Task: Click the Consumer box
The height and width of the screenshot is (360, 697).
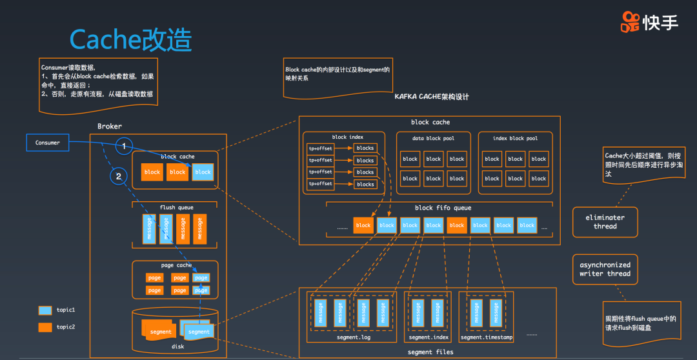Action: coord(48,143)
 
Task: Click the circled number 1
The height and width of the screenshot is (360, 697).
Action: coord(125,146)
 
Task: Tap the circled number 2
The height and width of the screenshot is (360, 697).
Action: coord(117,175)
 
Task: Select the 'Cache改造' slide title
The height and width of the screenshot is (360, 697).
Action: coord(130,40)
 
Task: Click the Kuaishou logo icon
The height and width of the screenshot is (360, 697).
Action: coord(630,22)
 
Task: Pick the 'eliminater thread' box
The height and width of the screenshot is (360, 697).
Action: coord(605,222)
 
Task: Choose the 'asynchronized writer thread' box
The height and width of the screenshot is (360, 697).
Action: coord(605,269)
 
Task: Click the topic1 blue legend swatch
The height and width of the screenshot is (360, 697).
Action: coord(45,310)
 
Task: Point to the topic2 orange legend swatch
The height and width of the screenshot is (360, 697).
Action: coord(45,327)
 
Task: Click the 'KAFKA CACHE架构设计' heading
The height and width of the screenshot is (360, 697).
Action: coord(432,97)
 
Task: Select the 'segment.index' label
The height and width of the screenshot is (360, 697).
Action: coord(429,337)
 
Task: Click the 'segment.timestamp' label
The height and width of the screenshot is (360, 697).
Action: coord(486,337)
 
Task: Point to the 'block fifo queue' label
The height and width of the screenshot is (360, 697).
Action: coord(443,208)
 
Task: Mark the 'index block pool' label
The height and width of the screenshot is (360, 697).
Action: coord(516,138)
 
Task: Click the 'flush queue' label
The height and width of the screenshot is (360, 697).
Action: coord(176,208)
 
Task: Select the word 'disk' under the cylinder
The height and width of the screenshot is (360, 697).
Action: coord(177,346)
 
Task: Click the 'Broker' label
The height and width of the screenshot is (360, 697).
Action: coord(109,126)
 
